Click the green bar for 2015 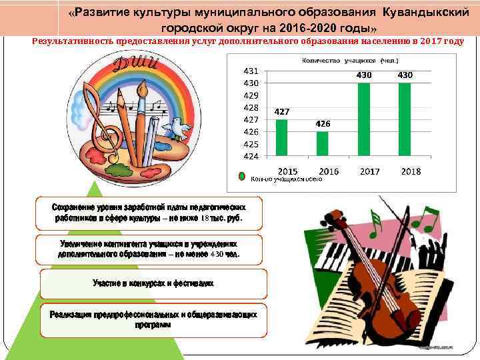click(x=282, y=138)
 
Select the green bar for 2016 click(x=323, y=144)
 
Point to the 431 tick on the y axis click(x=251, y=71)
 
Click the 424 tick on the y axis click(x=251, y=156)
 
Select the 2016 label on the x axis click(x=329, y=171)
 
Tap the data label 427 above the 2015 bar click(x=281, y=113)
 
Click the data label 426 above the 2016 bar click(x=323, y=125)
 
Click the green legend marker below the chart click(x=243, y=178)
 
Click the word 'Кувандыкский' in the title click(x=423, y=13)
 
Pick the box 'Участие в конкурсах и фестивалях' click(x=153, y=283)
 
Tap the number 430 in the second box click(x=218, y=255)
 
